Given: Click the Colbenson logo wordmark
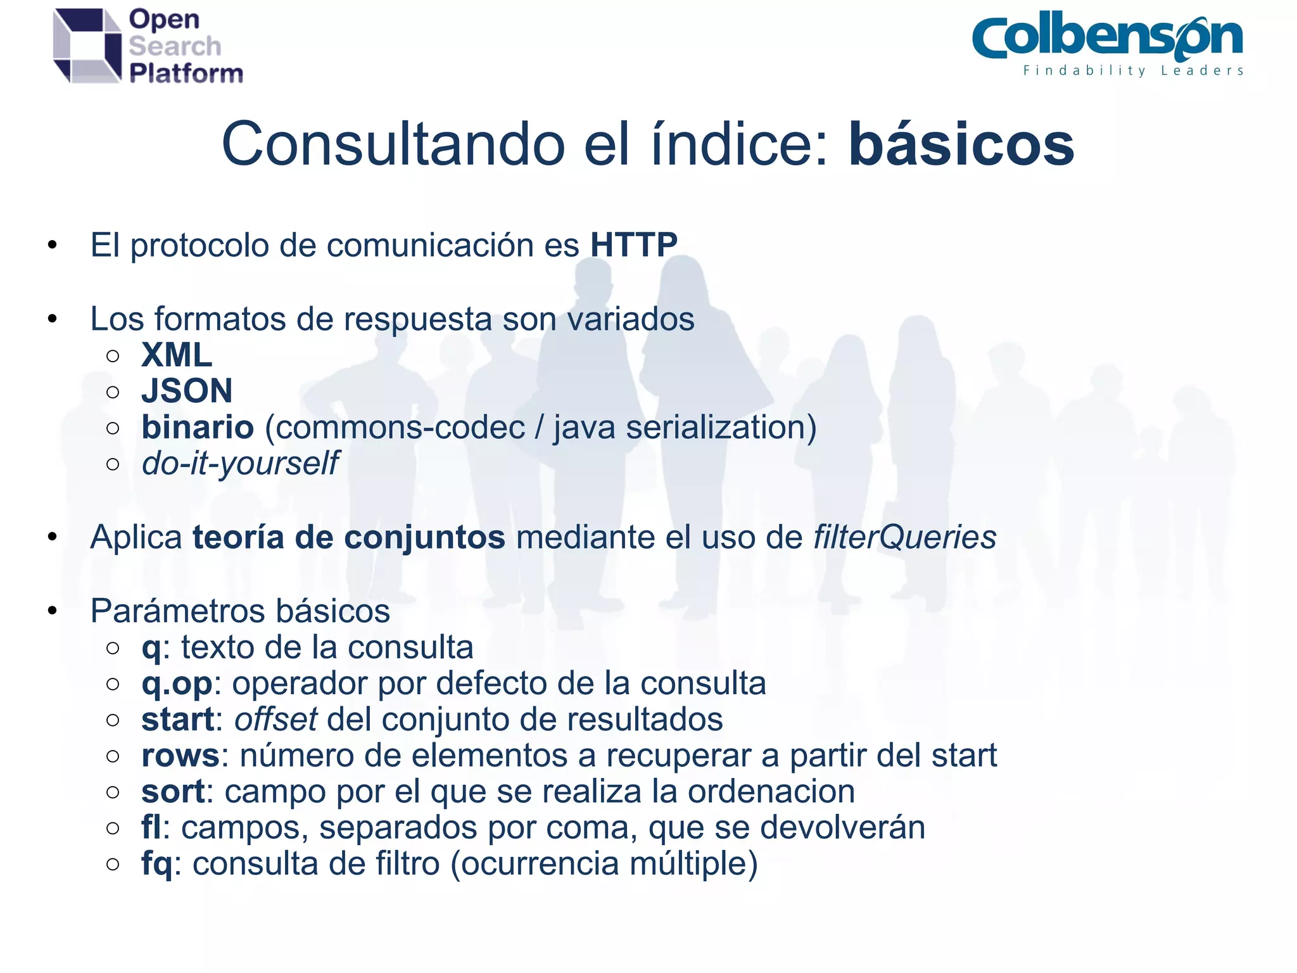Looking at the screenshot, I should click(1107, 38).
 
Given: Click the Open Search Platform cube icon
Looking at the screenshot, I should click(87, 46).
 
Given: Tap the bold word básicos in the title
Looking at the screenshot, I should click(961, 145).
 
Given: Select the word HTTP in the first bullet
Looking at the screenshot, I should click(634, 245).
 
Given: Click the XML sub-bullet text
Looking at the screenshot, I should click(177, 355).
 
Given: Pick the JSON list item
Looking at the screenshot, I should click(187, 391).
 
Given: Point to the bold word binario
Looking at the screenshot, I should click(198, 427).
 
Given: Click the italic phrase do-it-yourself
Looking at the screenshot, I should click(240, 463).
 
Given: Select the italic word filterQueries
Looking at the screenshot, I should click(904, 537).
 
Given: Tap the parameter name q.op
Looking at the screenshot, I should click(177, 684).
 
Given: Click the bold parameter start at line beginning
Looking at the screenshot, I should click(177, 720).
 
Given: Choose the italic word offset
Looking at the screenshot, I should click(275, 720).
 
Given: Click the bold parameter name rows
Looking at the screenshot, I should click(180, 756).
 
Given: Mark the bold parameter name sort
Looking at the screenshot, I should click(173, 792).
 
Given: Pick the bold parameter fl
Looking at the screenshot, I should click(151, 827).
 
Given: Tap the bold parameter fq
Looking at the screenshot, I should click(156, 864).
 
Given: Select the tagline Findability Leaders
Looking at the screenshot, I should click(1133, 71).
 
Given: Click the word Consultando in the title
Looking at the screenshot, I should click(393, 145).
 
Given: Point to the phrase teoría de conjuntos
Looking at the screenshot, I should click(348, 537).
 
